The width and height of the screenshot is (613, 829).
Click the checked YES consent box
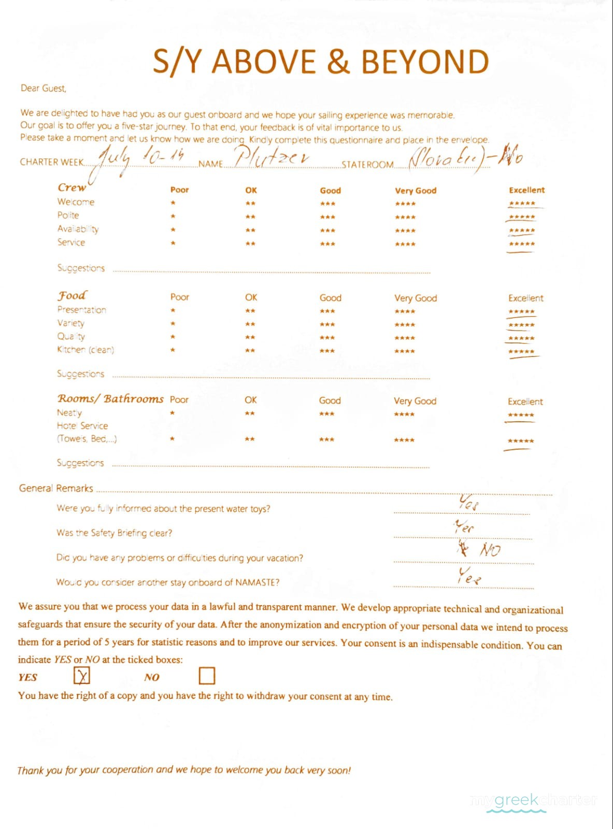click(82, 676)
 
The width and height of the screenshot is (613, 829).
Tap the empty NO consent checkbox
click(207, 676)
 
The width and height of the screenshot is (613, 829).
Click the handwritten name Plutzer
click(272, 156)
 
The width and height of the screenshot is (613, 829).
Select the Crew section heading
click(72, 188)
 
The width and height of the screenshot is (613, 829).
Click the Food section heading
click(72, 296)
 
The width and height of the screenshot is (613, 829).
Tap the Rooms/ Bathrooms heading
click(110, 398)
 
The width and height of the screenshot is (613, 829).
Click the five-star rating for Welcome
click(522, 204)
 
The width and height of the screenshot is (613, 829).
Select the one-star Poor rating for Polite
click(173, 217)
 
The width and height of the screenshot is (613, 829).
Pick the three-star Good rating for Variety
click(327, 325)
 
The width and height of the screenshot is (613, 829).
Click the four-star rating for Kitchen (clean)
click(405, 351)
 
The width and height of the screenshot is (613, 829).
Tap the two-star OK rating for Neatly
click(250, 413)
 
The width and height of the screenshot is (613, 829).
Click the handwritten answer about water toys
click(468, 502)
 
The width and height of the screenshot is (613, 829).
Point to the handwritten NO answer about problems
click(490, 550)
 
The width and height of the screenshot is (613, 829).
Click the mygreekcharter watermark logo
click(534, 802)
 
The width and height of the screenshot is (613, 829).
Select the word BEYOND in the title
click(425, 62)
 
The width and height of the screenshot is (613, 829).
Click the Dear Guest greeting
click(44, 89)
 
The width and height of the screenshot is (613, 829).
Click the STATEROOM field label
click(367, 165)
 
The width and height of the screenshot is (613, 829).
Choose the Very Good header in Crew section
click(416, 191)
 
